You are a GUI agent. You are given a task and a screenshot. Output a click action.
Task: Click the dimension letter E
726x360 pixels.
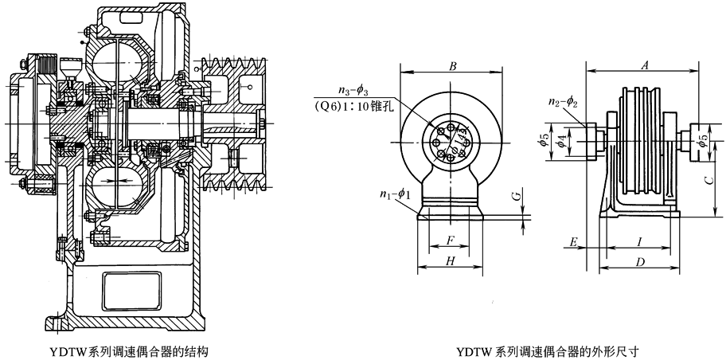point(573,240)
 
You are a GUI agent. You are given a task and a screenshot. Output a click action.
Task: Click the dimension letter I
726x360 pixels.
point(637,240)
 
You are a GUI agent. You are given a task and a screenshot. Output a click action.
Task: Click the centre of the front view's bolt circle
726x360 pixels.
point(451,141)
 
